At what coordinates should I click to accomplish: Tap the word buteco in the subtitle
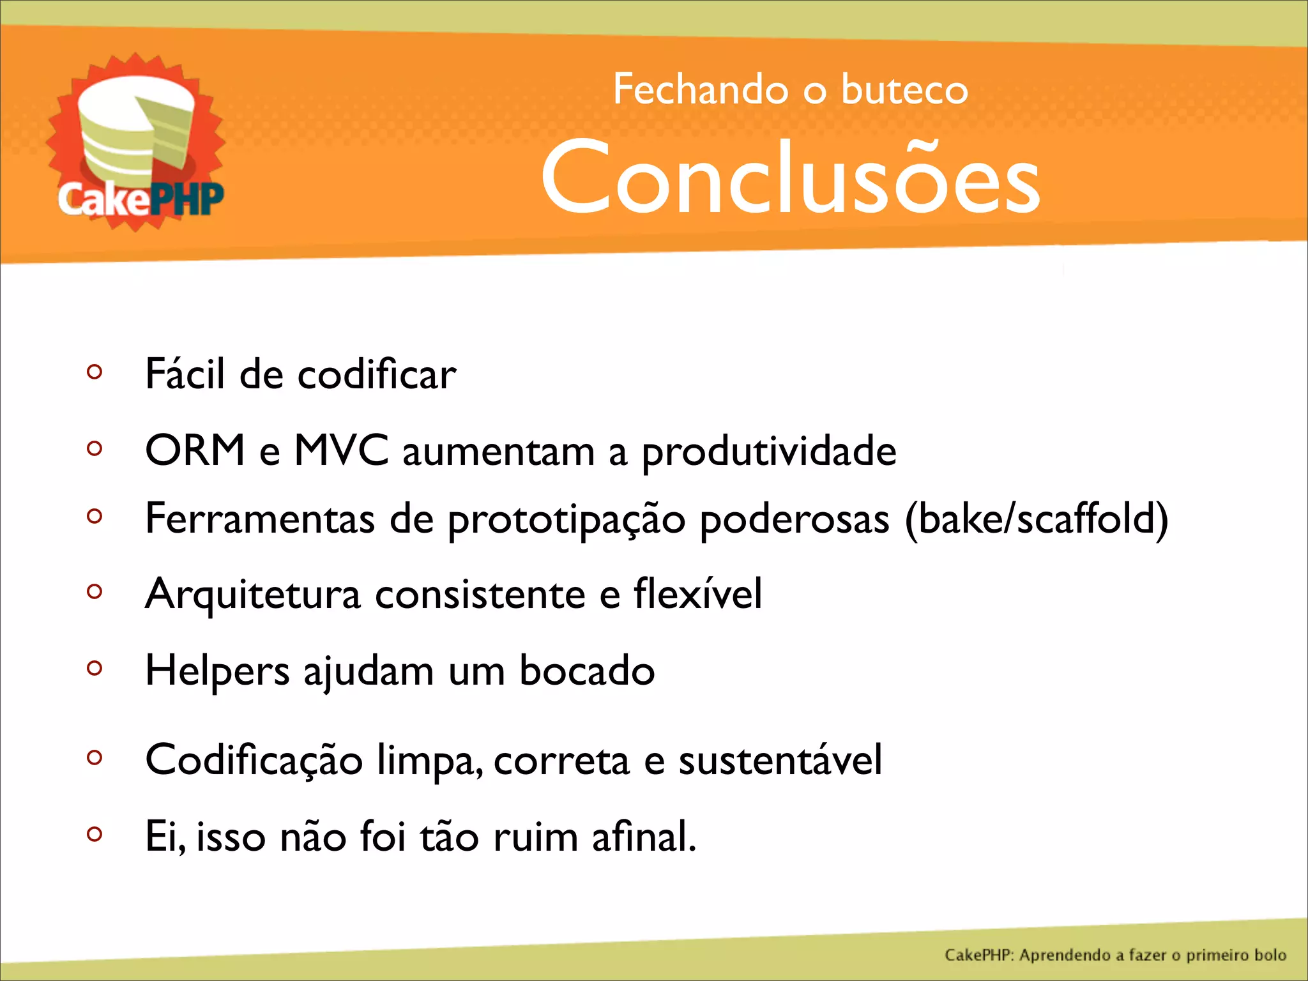coord(904,89)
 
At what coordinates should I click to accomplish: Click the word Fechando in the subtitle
coord(701,89)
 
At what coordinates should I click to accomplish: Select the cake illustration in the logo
coord(136,131)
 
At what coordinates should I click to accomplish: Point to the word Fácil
coord(185,374)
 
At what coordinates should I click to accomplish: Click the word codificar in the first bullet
coord(377,374)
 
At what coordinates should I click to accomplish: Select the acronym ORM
coord(195,450)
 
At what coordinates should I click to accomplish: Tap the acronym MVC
coord(341,450)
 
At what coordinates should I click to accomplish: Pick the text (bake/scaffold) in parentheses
coord(1037,519)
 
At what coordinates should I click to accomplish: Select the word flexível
coord(697,593)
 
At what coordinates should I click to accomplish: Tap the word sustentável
coord(780,760)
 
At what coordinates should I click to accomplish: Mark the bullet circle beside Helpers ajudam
coord(95,668)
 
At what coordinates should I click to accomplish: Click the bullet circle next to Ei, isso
coord(95,833)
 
